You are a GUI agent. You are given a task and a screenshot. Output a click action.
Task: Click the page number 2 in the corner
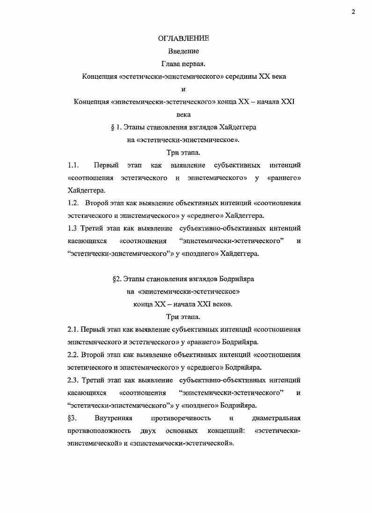pos(353,12)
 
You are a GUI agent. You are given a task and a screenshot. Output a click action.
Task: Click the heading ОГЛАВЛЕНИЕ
pos(183,38)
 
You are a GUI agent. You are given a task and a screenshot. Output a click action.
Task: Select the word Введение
pos(183,51)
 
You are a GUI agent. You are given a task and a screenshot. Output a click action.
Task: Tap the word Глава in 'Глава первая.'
pos(171,64)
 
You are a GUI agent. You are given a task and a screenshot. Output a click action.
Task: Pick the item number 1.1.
pos(73,165)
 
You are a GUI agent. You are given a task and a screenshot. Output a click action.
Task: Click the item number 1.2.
pos(73,203)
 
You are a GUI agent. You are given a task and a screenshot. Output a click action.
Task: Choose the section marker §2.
pos(117,279)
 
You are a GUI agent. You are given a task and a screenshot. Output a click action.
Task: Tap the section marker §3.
pos(72,418)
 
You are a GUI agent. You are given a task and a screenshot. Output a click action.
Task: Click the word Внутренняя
pos(114,418)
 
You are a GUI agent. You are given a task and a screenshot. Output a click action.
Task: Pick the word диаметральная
pos(276,418)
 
